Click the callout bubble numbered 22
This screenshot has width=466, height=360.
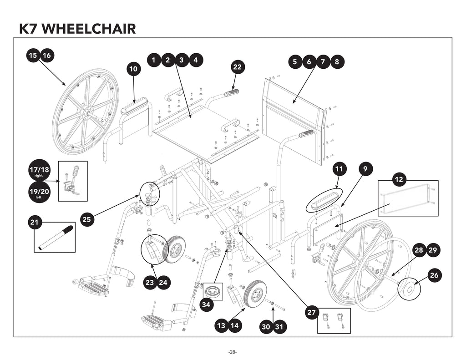237,67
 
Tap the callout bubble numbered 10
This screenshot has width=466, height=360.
133,69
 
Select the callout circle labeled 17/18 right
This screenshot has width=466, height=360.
40,171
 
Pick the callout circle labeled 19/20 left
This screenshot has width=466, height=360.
39,193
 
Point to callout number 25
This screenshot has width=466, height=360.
87,219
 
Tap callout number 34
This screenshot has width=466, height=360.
207,305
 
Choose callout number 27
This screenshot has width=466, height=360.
312,313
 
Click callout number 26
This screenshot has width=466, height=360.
434,275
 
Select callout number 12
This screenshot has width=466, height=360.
399,180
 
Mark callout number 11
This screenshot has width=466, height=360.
339,169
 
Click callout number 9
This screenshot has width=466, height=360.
365,169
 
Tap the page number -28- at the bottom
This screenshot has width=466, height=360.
233,352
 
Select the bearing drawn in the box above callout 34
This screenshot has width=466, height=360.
213,291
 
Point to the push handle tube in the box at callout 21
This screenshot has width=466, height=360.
55,237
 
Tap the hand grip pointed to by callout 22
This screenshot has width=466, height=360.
232,93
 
